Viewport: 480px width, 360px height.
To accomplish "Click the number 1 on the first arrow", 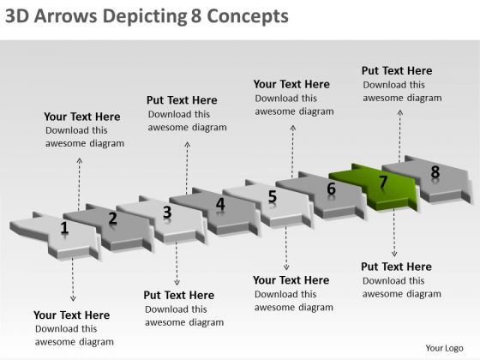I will [x=64, y=227].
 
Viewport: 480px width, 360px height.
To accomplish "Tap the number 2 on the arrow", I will [x=112, y=218].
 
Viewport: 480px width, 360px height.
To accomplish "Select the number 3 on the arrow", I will [x=167, y=212].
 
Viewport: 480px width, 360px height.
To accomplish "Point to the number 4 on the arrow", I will [x=220, y=204].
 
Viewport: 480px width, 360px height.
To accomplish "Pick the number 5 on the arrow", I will [x=273, y=197].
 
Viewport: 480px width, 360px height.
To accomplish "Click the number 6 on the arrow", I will [x=331, y=189].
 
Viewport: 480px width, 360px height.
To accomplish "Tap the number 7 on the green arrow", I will [x=383, y=182].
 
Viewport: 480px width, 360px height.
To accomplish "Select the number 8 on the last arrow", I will [x=435, y=172].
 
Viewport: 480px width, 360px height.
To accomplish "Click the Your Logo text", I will [x=445, y=347].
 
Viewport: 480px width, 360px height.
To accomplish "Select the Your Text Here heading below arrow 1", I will [x=71, y=315].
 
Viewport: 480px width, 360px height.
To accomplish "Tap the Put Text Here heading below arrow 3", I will [x=179, y=295].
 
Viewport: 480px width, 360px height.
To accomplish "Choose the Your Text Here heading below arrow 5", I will [x=291, y=280].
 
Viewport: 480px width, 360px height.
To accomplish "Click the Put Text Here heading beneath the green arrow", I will [x=397, y=267].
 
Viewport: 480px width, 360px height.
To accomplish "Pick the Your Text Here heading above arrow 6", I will [x=291, y=84].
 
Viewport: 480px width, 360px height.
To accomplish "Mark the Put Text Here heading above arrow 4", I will [x=182, y=99].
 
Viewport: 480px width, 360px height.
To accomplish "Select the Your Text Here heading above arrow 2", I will [x=82, y=117].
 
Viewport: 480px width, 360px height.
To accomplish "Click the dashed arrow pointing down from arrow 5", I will [x=286, y=248].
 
